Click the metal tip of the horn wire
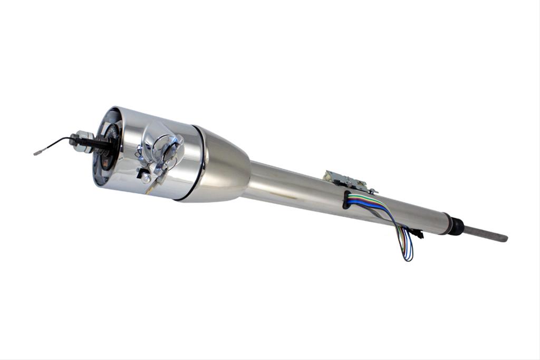click(37, 153)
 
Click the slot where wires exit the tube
click(346, 199)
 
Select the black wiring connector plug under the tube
click(416, 233)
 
